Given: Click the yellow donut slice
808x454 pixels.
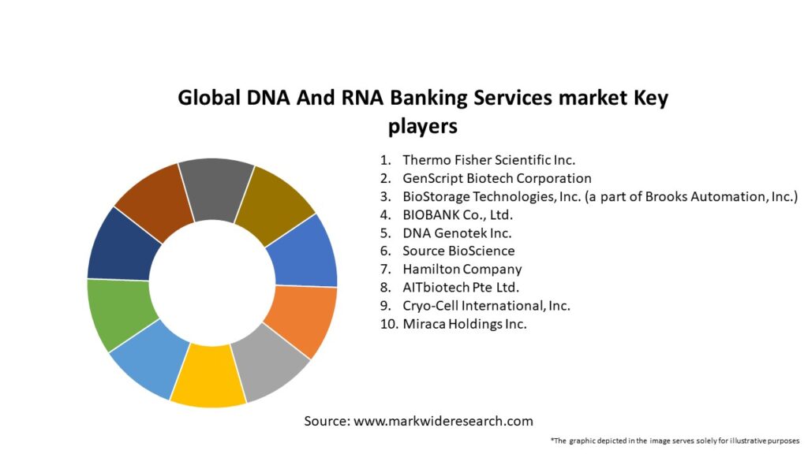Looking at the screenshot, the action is click(208, 374).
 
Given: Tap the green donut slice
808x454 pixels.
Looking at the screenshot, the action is click(121, 313).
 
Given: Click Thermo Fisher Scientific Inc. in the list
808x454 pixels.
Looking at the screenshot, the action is click(488, 160).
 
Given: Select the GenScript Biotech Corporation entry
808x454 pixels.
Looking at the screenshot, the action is click(497, 178).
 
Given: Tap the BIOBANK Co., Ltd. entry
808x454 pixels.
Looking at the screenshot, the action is click(458, 214).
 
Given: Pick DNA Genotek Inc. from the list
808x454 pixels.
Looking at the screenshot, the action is click(457, 233).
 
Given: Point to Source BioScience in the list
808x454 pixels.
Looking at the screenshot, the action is click(458, 251).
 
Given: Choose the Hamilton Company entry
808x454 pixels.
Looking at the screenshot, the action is click(462, 270).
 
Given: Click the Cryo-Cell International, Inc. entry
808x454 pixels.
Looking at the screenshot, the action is click(486, 306).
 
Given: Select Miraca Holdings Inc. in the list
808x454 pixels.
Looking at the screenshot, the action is click(465, 324).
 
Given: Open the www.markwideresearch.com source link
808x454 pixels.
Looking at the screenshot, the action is click(443, 421).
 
